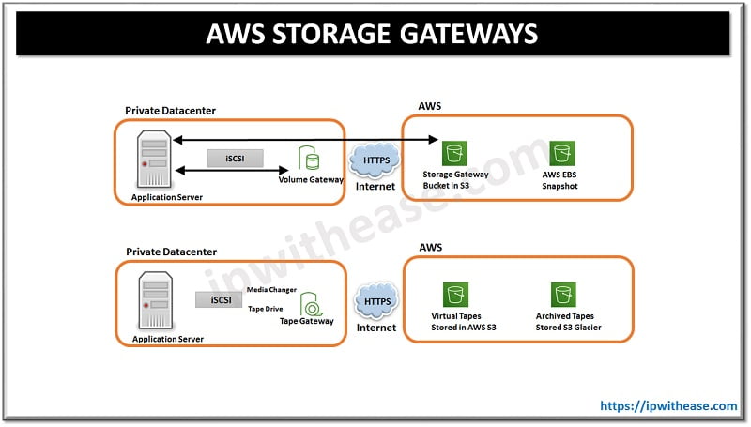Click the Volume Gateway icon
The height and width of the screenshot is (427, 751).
point(308,157)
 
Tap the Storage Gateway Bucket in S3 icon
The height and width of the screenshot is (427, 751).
point(456,153)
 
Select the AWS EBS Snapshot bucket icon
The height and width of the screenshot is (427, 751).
point(562,153)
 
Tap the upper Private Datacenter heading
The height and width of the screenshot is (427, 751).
point(171,111)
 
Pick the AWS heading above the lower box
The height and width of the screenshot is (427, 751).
point(431,249)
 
